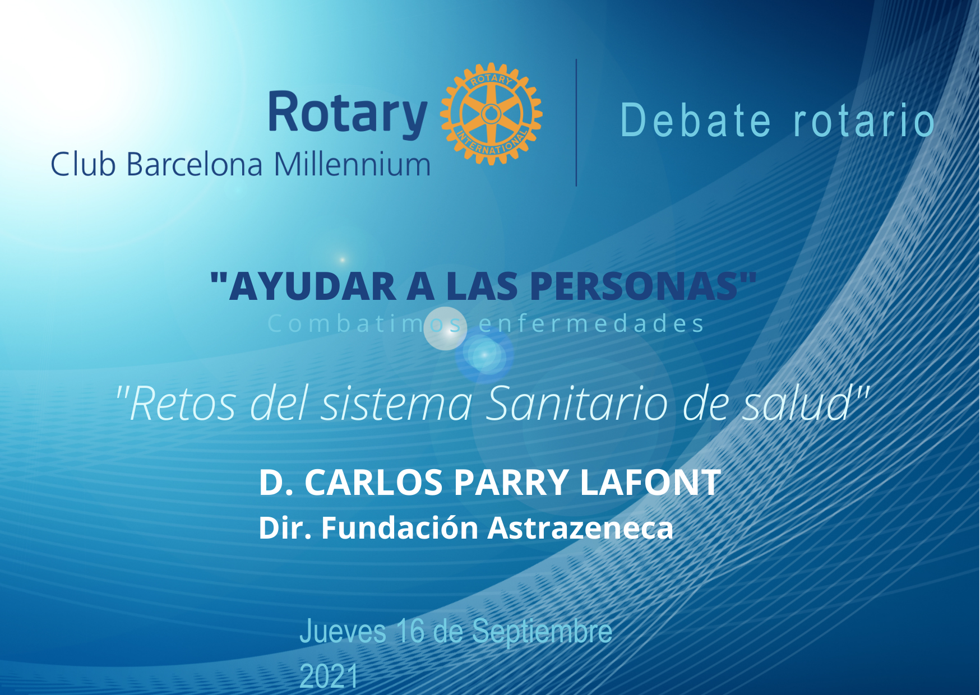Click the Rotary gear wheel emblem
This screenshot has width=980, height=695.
(491, 114)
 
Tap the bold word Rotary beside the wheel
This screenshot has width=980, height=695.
(348, 114)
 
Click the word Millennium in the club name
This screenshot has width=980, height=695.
(352, 165)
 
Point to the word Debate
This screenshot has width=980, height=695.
(696, 120)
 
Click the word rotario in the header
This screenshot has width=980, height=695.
(864, 120)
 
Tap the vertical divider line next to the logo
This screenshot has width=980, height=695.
(576, 122)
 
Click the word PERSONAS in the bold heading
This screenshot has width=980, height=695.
(634, 286)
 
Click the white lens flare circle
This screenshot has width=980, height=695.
(445, 328)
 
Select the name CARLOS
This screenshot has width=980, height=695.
(374, 482)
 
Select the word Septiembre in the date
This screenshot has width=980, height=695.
(542, 632)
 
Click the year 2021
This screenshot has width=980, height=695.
(329, 676)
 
